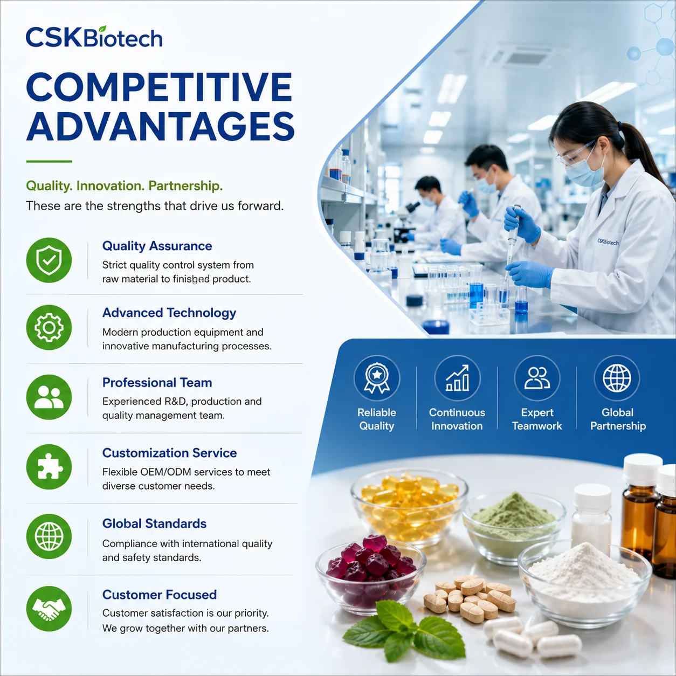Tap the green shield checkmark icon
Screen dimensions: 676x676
(49, 260)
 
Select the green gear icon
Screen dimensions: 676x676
(49, 327)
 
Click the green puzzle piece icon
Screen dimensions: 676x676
(49, 467)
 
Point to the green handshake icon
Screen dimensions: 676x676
(49, 609)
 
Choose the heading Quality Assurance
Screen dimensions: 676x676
(157, 246)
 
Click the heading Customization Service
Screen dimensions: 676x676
(169, 453)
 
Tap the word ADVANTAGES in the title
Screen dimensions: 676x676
(160, 127)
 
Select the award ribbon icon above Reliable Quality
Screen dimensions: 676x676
(377, 378)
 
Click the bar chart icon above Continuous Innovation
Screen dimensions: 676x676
(457, 378)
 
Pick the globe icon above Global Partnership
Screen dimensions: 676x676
(617, 378)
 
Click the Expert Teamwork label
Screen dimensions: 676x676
(537, 419)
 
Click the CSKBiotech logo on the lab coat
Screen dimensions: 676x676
(608, 242)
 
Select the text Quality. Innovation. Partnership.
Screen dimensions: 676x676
(124, 185)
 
